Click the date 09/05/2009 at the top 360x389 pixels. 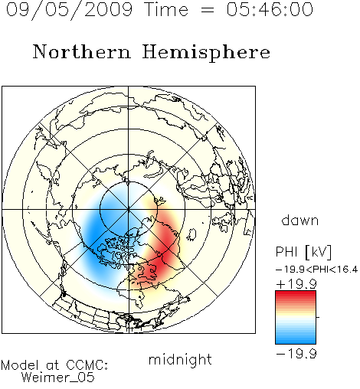coord(69,10)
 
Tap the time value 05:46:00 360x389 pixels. coord(270,9)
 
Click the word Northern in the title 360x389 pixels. coord(82,52)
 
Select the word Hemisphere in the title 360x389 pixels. coord(206,53)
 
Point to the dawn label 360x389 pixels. coord(300,221)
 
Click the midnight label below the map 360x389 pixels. coord(180,360)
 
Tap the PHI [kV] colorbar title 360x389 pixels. coord(303,252)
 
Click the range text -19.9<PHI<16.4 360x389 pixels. coord(317,270)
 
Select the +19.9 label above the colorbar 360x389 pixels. coord(296,284)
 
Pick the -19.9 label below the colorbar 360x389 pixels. coord(296,354)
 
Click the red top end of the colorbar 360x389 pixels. coord(296,293)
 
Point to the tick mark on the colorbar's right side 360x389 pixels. coord(318,317)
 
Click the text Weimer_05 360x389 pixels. coord(58,378)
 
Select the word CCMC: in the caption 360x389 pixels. coord(87,365)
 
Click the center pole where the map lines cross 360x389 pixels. coord(129,210)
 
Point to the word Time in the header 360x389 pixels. coord(166,9)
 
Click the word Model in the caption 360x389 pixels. coord(20,365)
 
